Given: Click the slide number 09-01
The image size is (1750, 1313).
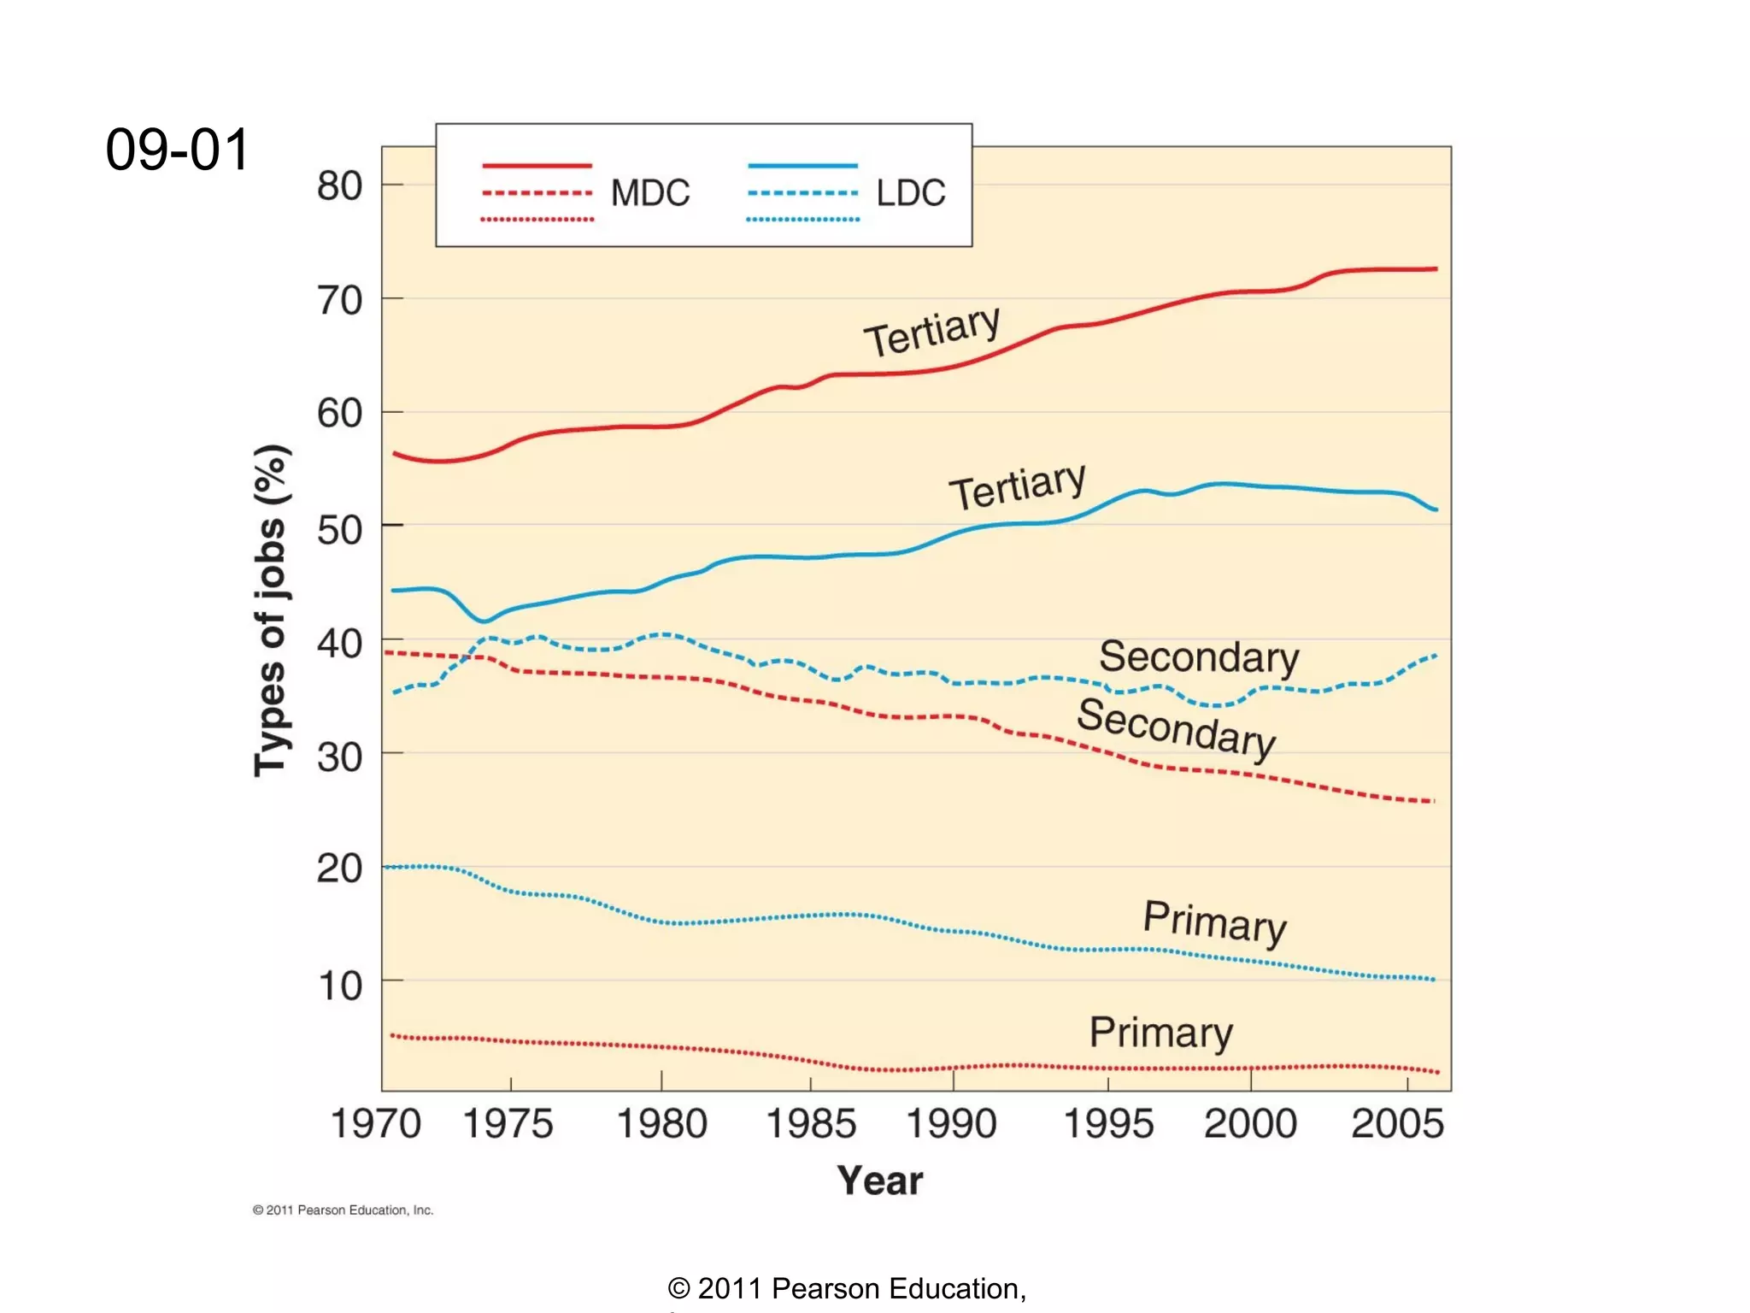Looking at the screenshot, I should pos(177,150).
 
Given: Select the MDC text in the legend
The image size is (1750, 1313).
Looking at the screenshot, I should pos(649,193).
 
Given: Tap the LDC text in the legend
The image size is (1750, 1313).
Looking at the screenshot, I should pos(910,193).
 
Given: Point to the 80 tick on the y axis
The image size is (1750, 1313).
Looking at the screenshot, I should pos(339,186).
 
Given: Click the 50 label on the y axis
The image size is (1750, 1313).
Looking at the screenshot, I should pos(339,530).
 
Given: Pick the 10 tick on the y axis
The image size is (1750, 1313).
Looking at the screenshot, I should pos(339,986).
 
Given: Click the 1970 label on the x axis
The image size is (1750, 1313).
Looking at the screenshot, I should pos(376,1123).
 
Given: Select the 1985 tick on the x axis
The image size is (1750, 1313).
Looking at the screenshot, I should pos(811,1123).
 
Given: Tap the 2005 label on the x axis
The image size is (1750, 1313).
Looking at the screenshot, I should pos(1397,1123).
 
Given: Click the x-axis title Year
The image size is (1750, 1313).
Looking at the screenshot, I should pos(879,1181).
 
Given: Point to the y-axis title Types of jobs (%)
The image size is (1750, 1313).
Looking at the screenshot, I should pos(272,610).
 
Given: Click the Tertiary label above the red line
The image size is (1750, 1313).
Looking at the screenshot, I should pos(931,331).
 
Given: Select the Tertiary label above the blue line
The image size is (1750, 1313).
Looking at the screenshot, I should pos(1017,486).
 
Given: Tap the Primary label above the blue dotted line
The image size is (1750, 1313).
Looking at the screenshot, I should pos(1214,922).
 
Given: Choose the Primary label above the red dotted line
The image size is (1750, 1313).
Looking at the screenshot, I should pos(1160,1033).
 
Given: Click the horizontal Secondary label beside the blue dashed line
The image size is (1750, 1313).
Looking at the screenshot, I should pos(1198,657).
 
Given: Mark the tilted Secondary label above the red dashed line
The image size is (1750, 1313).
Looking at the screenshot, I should pos(1176,727).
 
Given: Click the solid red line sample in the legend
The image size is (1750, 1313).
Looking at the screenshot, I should pos(537,165).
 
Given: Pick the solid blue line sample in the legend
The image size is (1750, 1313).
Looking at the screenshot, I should pos(802,165).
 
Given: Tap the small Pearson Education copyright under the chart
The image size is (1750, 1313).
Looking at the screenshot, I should pos(343,1210).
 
